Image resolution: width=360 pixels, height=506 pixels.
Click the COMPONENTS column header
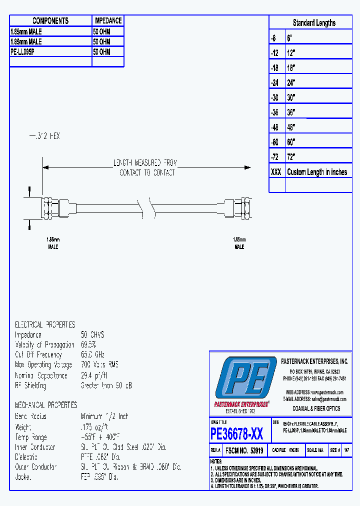(50, 20)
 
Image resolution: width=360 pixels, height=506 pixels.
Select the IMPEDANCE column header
(107, 20)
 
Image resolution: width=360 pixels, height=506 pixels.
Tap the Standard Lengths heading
(313, 22)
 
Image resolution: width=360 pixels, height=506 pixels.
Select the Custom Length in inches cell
(317, 172)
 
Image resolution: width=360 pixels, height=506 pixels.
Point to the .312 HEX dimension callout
(44, 136)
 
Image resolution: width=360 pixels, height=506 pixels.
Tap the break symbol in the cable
(146, 206)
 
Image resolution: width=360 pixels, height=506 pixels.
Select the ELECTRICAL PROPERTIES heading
(45, 324)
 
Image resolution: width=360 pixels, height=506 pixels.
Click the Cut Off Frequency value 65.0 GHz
(93, 354)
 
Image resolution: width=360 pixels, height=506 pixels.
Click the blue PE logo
(245, 378)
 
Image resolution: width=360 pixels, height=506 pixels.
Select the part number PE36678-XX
(237, 432)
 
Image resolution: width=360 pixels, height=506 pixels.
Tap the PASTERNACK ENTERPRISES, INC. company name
(314, 361)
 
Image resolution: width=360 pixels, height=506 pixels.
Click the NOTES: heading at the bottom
(216, 461)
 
